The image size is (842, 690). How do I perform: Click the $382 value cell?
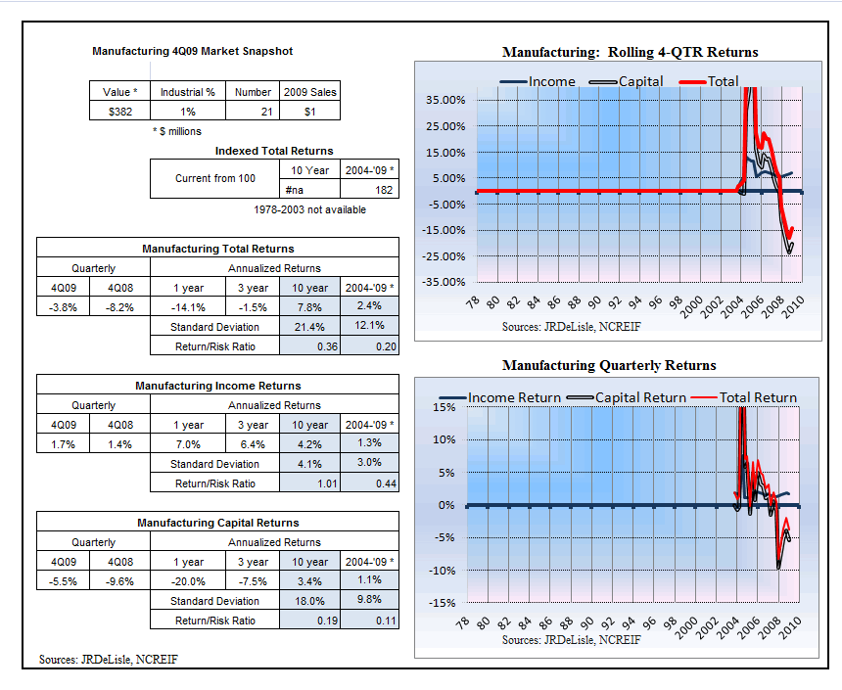click(x=119, y=112)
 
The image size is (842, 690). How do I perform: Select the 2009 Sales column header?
click(x=309, y=92)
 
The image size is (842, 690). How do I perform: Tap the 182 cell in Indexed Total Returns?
click(x=369, y=190)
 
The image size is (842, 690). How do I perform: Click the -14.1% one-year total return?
click(x=188, y=307)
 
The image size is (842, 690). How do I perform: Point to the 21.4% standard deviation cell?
click(x=309, y=327)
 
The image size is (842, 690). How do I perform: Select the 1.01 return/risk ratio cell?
click(x=309, y=483)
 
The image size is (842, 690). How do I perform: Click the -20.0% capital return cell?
click(x=188, y=581)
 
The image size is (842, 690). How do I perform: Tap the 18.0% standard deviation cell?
click(x=309, y=601)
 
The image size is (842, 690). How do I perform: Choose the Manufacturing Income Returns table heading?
click(x=218, y=386)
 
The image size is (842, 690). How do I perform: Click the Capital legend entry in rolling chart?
click(x=627, y=81)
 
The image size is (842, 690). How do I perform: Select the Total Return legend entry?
click(x=744, y=397)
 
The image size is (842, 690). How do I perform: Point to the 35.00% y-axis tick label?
click(x=445, y=100)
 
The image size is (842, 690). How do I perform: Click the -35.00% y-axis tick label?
click(x=444, y=282)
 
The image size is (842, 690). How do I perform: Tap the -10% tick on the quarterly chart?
click(x=442, y=571)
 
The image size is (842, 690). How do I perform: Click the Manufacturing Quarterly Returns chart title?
click(x=609, y=365)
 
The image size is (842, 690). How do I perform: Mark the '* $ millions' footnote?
click(x=177, y=131)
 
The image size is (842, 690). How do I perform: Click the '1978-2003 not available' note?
click(x=309, y=209)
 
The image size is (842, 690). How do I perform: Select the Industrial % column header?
click(x=187, y=92)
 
